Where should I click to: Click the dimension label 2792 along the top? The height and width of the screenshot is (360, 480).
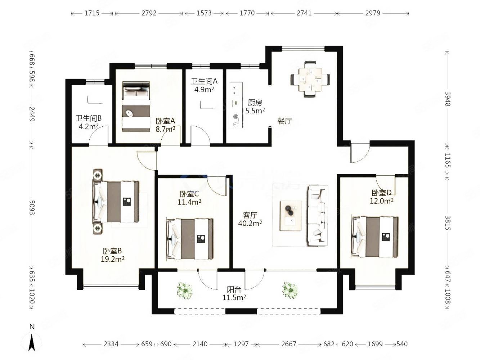(x=149, y=13)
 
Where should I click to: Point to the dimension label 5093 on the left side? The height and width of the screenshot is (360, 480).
(x=32, y=207)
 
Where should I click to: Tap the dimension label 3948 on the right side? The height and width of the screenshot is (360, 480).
(x=448, y=99)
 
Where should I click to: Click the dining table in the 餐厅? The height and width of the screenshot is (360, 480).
(x=310, y=79)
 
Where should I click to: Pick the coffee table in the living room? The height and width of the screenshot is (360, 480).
(x=291, y=216)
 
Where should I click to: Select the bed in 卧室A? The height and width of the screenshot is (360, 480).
(x=136, y=107)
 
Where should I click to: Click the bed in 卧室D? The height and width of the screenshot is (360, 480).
(x=374, y=237)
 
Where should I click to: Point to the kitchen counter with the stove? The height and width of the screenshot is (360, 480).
(x=236, y=105)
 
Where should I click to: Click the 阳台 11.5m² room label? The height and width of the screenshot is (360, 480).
(x=234, y=293)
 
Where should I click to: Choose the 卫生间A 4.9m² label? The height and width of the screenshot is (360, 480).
(x=204, y=85)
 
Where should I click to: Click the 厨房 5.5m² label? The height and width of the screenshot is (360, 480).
(x=255, y=107)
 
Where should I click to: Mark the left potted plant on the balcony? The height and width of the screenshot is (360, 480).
(x=185, y=291)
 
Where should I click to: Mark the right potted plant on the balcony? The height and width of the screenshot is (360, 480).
(x=290, y=290)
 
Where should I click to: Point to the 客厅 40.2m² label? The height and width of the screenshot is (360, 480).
(x=250, y=219)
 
